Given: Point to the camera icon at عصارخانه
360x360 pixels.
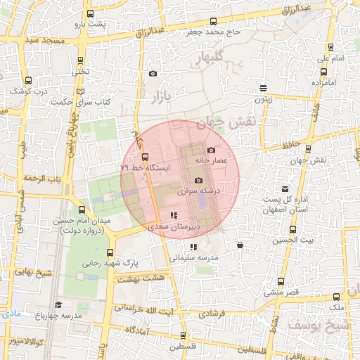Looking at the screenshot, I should tap(211, 150).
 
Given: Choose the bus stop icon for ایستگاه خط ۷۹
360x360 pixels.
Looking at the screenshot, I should tap(146, 157).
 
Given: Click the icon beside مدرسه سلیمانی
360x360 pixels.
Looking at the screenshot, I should tap(193, 247).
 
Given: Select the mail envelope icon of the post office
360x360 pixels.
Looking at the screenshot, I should tap(285, 188).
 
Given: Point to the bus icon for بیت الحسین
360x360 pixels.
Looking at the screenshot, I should tap(292, 230).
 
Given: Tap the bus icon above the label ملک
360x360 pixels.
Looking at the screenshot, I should tap(336, 297).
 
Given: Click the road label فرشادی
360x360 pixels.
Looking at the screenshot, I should tap(212, 315).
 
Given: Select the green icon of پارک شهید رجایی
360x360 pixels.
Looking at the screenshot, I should tap(108, 252).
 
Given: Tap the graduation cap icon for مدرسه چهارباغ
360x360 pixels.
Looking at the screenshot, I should tap(58, 304).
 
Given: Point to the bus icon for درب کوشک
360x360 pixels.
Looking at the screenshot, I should tap(27, 81).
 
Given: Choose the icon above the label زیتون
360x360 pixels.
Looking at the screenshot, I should tap(263, 89).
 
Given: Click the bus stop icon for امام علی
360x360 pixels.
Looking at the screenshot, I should tap(330, 47).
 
